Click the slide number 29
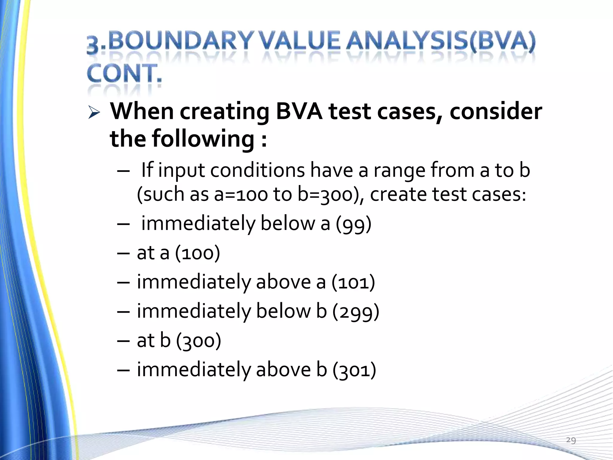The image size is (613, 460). click(x=571, y=440)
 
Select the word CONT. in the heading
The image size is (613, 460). click(x=124, y=73)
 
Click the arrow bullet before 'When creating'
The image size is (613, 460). click(x=94, y=113)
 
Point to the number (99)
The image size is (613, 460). click(x=353, y=224)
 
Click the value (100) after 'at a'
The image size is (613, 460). click(x=198, y=253)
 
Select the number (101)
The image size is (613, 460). click(x=353, y=282)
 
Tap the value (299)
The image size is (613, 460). click(x=356, y=311)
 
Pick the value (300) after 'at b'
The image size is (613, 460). click(x=199, y=341)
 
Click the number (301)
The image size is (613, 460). click(x=354, y=370)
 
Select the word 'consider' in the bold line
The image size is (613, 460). click(x=495, y=111)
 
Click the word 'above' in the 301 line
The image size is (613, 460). click(x=283, y=370)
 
